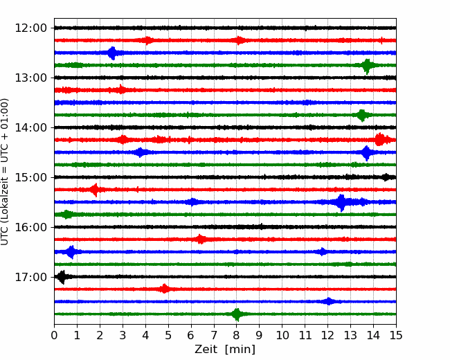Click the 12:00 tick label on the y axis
[30, 28]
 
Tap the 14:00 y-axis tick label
[30, 127]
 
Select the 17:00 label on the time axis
[30, 277]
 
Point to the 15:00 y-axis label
[30, 177]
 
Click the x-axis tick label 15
[396, 335]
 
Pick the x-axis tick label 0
[54, 335]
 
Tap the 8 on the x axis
[236, 335]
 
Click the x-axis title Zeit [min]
[225, 350]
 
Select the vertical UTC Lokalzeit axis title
[5, 172]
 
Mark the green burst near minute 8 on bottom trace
[237, 314]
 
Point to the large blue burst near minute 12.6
[341, 202]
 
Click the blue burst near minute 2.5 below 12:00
[112, 53]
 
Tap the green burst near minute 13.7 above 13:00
[367, 66]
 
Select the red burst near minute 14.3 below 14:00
[379, 140]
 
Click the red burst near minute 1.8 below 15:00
[95, 190]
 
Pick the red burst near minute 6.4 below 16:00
[201, 239]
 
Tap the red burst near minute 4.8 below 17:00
[164, 289]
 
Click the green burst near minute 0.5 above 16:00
[67, 215]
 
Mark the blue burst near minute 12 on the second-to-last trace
[329, 301]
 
